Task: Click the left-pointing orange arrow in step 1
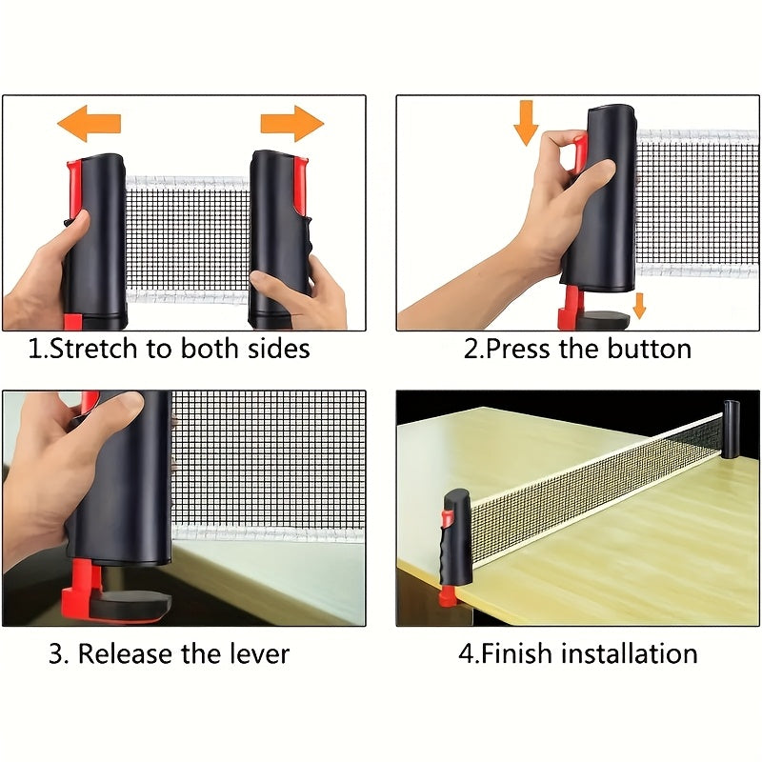(x=89, y=124)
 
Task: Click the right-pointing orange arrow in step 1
(x=292, y=124)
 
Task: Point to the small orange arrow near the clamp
(x=640, y=305)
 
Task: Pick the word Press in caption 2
(x=521, y=349)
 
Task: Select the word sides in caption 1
(x=281, y=349)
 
